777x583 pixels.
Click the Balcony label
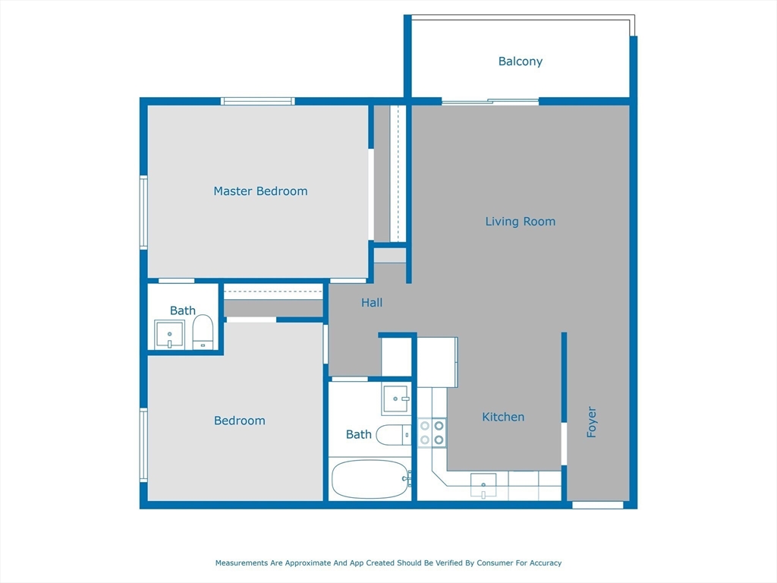tap(521, 61)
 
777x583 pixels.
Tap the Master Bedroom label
tap(260, 191)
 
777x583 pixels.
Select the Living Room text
tap(521, 222)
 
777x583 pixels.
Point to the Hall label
tap(372, 302)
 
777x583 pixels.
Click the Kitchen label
tap(503, 417)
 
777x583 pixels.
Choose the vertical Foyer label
tap(592, 422)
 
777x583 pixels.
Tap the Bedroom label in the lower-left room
tap(239, 421)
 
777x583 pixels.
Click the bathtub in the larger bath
tap(370, 479)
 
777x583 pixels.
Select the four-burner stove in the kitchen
tap(432, 433)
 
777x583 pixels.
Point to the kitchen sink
tap(483, 485)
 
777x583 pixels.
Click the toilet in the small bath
tap(203, 332)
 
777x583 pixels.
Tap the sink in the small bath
tap(169, 335)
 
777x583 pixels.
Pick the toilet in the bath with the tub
tap(394, 435)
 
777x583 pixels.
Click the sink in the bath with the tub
tap(396, 399)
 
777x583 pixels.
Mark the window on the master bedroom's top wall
tap(258, 101)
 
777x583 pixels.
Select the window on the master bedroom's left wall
tap(143, 212)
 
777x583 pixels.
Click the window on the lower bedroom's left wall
tap(143, 445)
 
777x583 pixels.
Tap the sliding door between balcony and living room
tap(490, 102)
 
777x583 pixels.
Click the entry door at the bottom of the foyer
tap(598, 505)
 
